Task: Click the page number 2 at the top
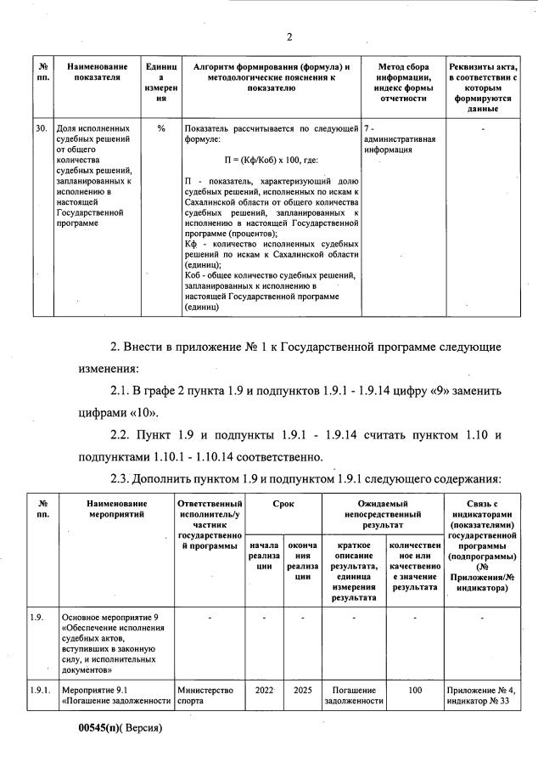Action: coord(289,36)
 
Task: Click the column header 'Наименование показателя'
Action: coord(98,72)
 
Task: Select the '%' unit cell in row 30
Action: coord(160,128)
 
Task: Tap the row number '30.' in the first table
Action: coord(42,128)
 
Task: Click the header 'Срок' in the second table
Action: coord(283,504)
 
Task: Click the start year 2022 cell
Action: coord(262,691)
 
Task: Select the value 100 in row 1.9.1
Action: coord(414,691)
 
